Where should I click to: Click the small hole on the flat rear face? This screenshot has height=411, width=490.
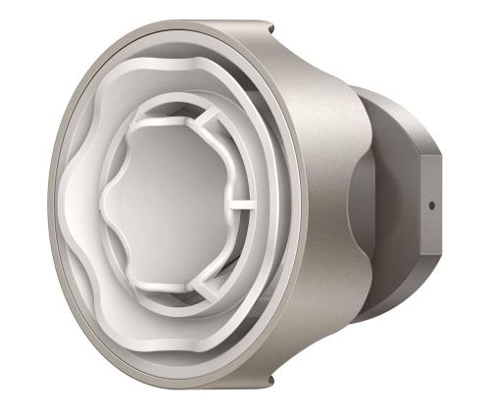[x=429, y=205]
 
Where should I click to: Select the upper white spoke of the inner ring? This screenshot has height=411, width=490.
[x=209, y=128]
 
